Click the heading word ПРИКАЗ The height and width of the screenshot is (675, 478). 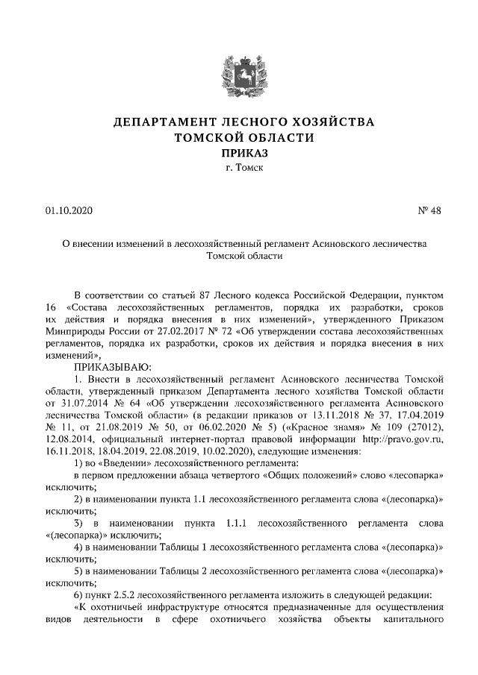pyautogui.click(x=239, y=153)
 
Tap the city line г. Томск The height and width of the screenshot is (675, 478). pyautogui.click(x=239, y=169)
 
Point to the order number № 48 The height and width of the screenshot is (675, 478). pyautogui.click(x=430, y=211)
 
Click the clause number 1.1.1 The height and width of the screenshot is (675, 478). pyautogui.click(x=238, y=523)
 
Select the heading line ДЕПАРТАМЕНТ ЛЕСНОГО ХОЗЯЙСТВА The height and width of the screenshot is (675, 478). pyautogui.click(x=238, y=122)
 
